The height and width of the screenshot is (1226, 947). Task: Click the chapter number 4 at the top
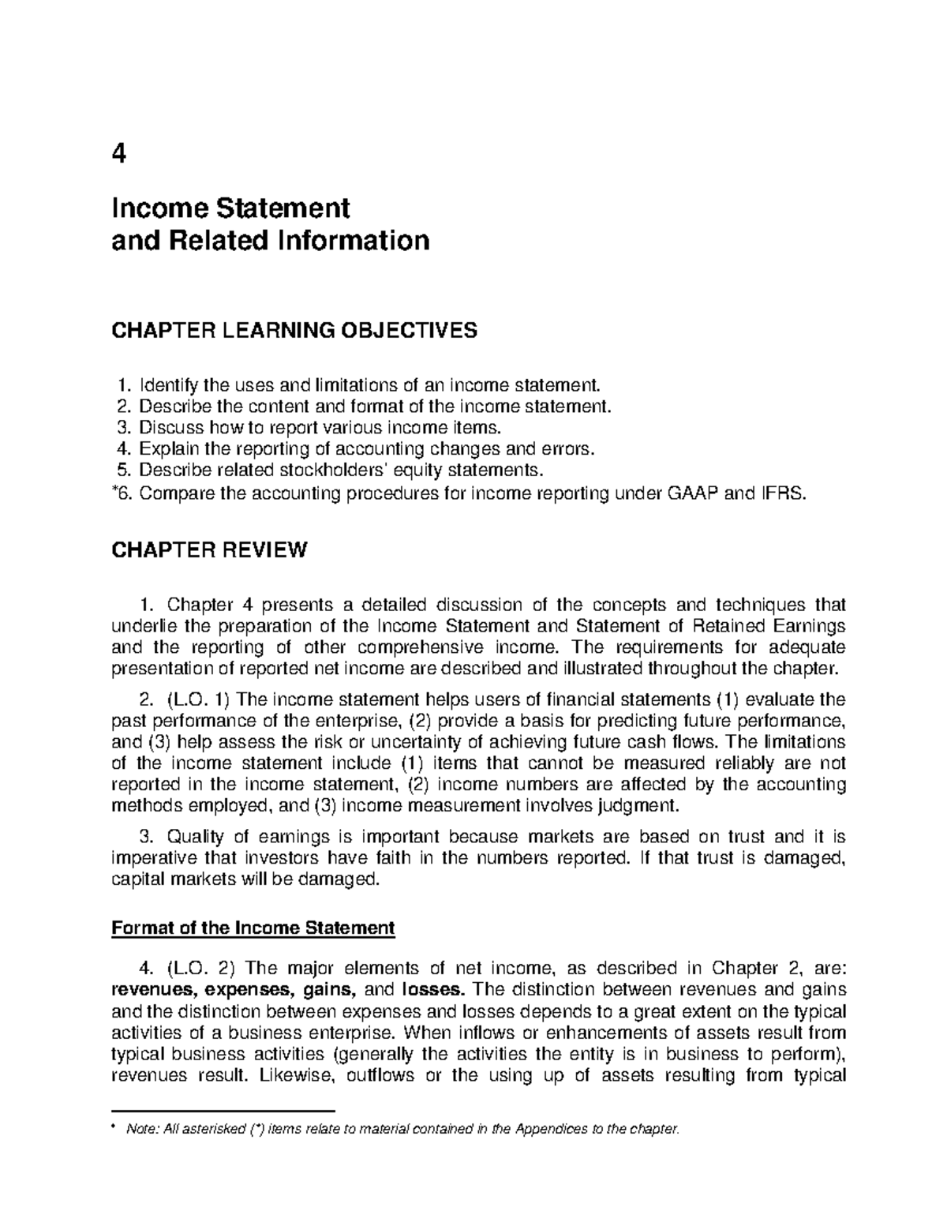coord(119,154)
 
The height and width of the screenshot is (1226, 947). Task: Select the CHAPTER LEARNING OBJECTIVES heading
coord(295,330)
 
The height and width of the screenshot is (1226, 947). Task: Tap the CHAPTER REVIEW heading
coord(209,550)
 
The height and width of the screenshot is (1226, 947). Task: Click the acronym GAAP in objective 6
coord(714,494)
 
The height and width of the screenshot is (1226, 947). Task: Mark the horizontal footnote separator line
coord(224,1109)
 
